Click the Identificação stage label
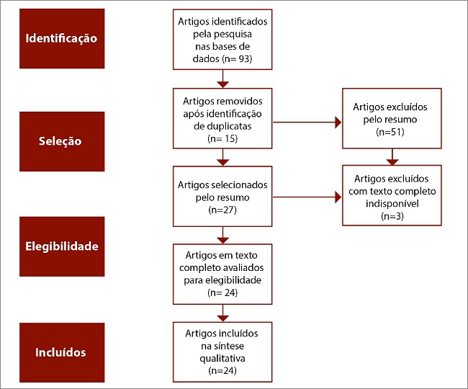click(x=61, y=37)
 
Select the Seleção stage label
click(x=61, y=141)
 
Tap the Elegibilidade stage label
click(x=61, y=246)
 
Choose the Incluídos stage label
click(x=61, y=352)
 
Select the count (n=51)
click(x=391, y=133)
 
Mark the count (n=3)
click(x=391, y=215)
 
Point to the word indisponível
click(x=391, y=204)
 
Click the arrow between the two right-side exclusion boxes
click(x=392, y=156)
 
